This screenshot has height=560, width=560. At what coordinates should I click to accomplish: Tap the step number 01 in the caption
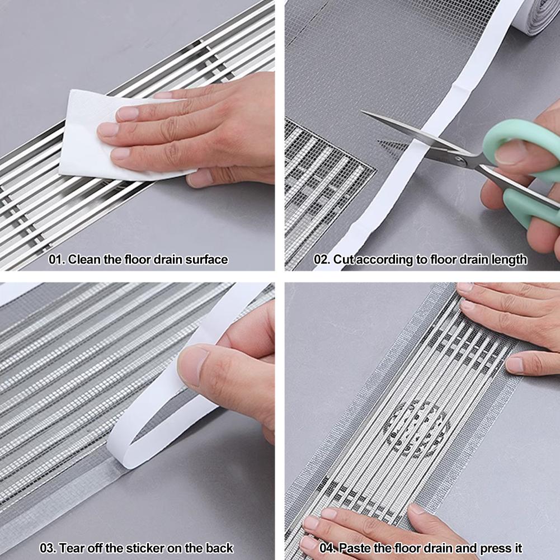click(x=56, y=260)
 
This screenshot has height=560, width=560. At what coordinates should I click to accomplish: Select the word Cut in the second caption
click(x=343, y=260)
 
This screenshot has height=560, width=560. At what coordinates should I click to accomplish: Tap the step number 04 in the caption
click(x=326, y=548)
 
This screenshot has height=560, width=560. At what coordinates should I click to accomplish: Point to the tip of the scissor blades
click(x=365, y=114)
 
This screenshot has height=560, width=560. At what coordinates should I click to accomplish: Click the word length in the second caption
click(x=509, y=260)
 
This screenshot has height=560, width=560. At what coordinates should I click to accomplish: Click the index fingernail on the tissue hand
click(x=127, y=114)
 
